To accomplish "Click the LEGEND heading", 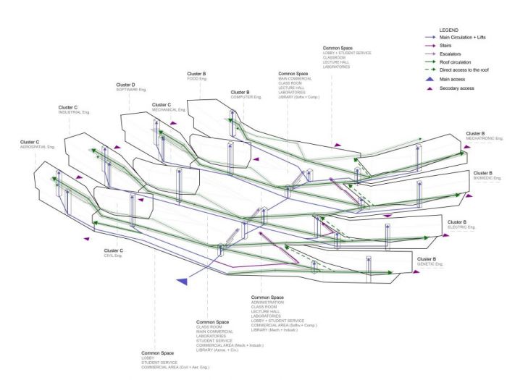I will pos(449,30).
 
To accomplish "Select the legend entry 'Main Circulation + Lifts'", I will pos(464,38).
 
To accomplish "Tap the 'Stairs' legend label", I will pos(447,46).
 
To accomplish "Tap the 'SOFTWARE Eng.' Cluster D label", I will pos(132,90).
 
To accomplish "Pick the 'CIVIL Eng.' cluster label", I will pos(113,256).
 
